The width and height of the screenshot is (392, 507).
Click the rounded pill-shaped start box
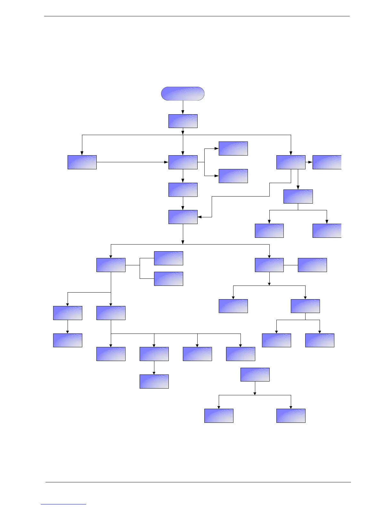click(183, 93)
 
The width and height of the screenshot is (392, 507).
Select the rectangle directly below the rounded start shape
click(183, 121)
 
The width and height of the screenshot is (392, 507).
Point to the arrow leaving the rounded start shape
click(183, 108)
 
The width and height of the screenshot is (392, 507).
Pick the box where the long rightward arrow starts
click(82, 162)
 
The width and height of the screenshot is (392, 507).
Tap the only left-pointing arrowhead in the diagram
click(200, 217)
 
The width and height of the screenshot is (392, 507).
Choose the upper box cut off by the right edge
click(327, 162)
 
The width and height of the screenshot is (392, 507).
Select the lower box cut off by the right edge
click(327, 231)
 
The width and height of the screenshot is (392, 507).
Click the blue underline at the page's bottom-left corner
click(63, 504)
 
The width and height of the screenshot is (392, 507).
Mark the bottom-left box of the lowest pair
click(219, 415)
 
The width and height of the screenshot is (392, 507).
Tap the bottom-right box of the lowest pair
click(291, 415)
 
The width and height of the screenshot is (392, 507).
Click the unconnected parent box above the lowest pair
click(255, 374)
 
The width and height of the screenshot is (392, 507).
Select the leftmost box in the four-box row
click(111, 354)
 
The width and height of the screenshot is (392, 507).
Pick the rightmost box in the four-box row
click(241, 354)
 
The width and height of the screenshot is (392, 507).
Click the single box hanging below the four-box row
click(154, 382)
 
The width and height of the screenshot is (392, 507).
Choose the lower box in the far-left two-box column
click(68, 340)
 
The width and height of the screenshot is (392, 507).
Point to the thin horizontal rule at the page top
click(197, 16)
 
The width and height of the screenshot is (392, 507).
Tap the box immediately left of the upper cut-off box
click(291, 162)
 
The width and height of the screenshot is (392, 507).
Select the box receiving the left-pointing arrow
click(183, 217)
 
